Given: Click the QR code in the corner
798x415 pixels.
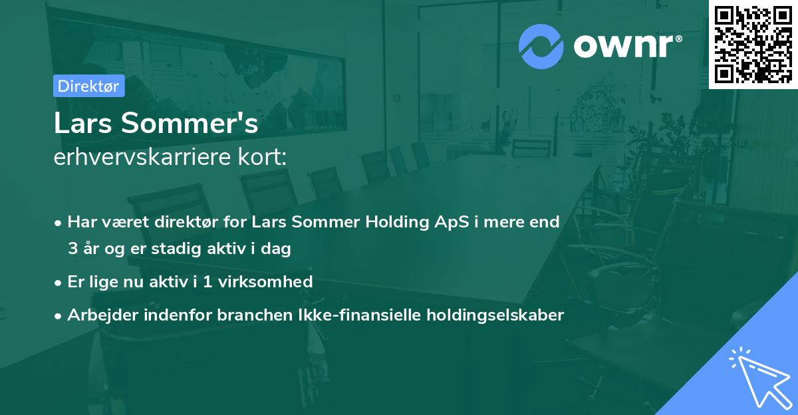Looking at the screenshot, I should click(x=753, y=44).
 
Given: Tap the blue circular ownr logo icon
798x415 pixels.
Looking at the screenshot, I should click(x=541, y=46).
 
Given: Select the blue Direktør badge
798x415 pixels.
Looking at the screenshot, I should click(x=88, y=86).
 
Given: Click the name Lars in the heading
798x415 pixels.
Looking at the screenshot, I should click(x=82, y=124).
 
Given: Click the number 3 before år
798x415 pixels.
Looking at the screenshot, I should click(x=72, y=249).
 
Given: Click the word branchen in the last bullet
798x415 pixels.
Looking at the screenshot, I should click(x=250, y=315).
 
